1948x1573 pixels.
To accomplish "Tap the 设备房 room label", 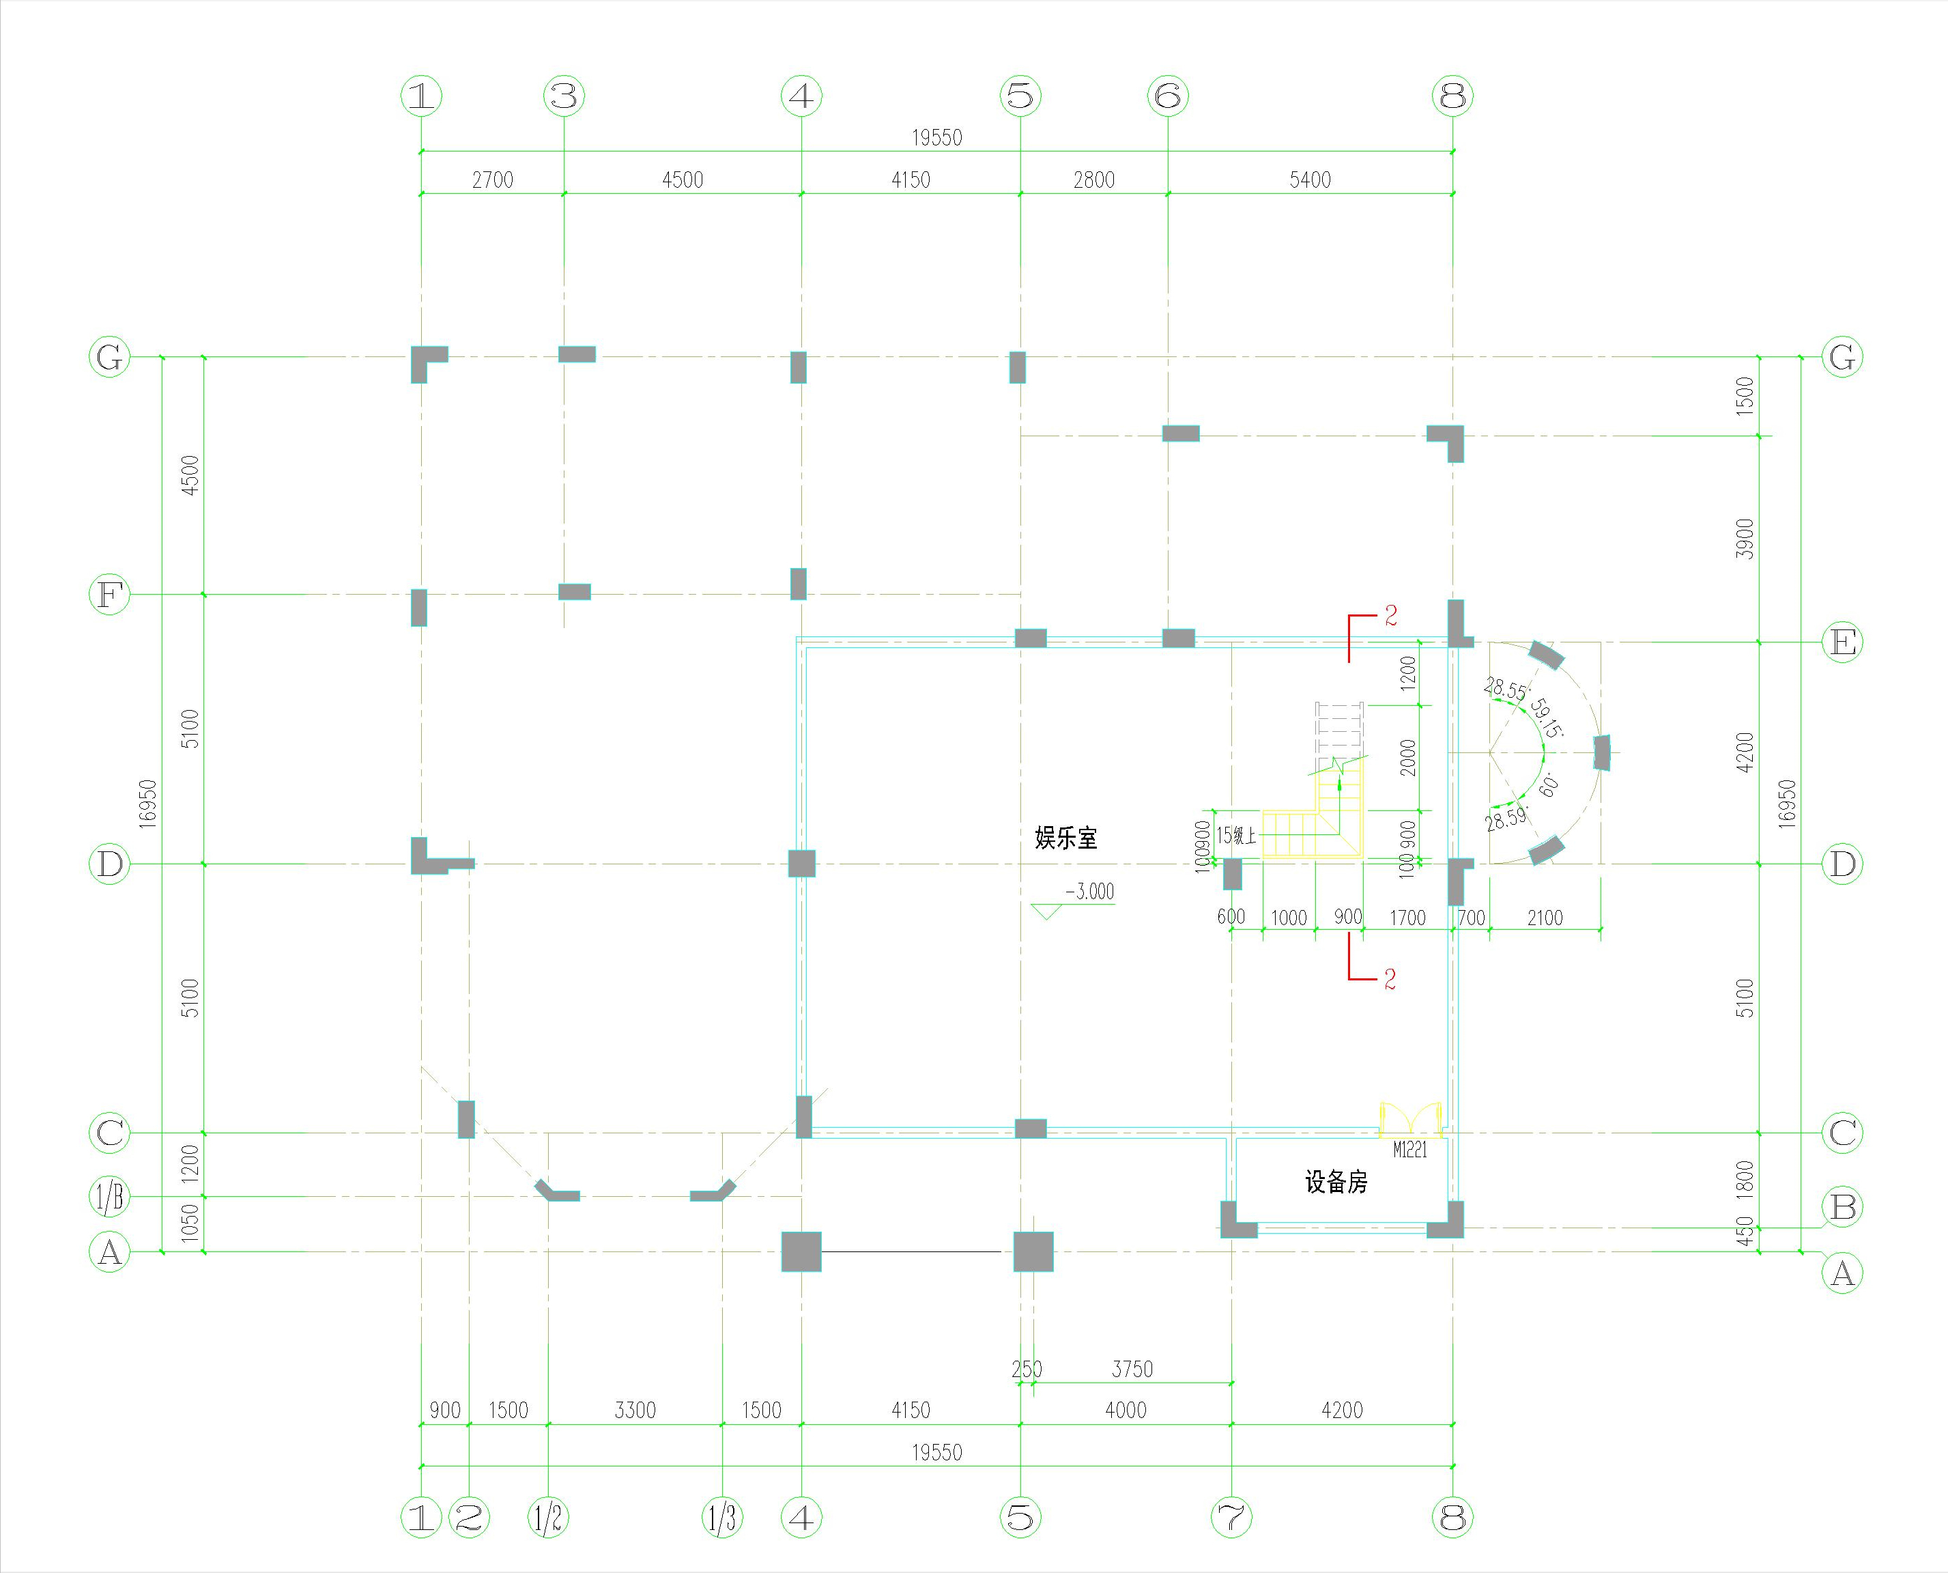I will coord(1336,1182).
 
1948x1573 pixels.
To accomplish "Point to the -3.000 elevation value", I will coord(1089,892).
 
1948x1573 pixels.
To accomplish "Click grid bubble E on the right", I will coord(1843,642).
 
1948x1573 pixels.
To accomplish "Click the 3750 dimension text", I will coord(1132,1369).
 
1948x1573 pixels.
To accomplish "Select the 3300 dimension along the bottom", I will coord(635,1410).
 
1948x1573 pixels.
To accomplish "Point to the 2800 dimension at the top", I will coord(1094,180).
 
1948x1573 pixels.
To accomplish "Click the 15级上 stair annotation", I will coord(1236,836).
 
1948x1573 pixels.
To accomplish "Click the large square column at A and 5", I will coord(1033,1251).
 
